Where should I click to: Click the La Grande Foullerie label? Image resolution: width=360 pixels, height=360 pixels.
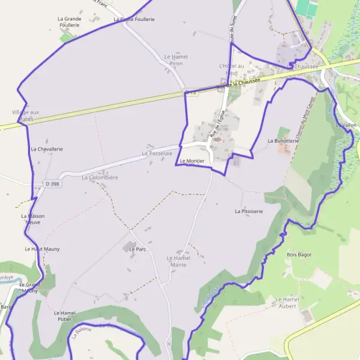point(69,22)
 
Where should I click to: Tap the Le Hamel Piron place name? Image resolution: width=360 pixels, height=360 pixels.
point(176,59)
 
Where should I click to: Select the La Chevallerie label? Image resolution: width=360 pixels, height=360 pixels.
point(47,149)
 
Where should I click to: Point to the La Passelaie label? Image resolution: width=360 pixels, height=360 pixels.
point(153,154)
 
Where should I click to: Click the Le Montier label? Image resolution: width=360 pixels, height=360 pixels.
point(191,161)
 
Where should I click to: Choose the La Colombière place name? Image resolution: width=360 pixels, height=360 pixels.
point(100,178)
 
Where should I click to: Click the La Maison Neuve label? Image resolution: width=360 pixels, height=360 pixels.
point(32,218)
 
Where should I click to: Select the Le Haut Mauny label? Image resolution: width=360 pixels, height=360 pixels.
point(42,248)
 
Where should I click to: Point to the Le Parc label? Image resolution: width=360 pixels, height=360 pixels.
point(138,248)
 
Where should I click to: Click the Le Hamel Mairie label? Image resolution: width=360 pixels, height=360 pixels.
point(176,261)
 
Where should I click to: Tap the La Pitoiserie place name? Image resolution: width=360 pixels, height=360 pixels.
point(249,212)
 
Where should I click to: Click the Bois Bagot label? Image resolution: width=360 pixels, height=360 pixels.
point(300,254)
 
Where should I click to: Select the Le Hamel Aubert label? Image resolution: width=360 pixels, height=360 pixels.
point(287,302)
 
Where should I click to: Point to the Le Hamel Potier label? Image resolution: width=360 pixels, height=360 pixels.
point(64,316)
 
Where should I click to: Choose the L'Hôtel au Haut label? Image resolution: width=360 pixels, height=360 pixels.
point(232,68)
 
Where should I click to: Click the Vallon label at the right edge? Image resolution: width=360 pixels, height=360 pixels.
point(349,125)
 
